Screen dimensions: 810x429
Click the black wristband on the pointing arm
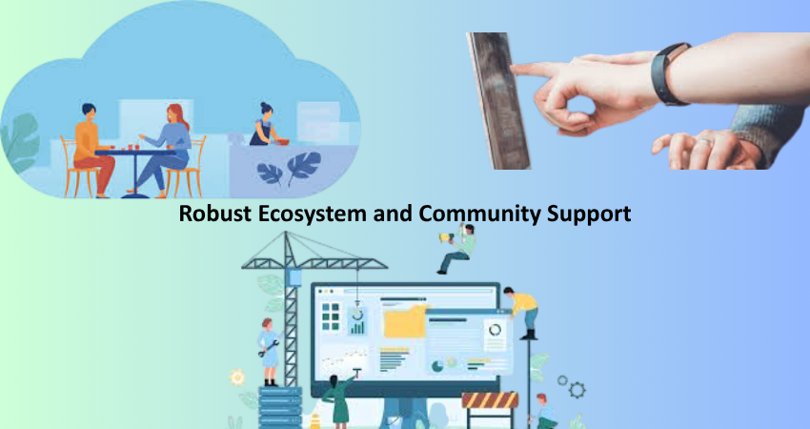668,74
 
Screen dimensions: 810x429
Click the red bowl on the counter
281,141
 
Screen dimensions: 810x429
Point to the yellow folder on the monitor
404,321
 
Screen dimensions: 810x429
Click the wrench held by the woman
269,348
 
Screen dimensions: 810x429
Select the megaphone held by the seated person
445,237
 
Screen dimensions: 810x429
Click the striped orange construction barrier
489,400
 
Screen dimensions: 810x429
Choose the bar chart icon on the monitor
357,327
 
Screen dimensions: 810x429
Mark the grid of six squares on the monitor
331,316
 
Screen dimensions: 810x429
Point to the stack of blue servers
280,408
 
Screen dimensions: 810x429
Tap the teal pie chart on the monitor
437,366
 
